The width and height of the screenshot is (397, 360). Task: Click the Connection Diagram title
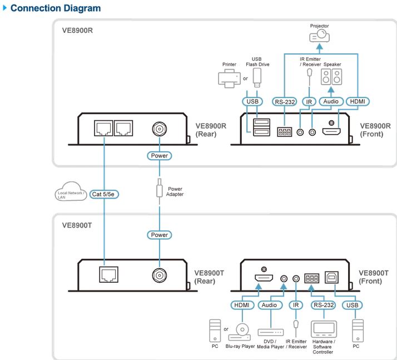click(x=56, y=8)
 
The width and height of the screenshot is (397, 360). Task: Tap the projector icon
click(x=320, y=36)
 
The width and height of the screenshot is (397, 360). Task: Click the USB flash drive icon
click(x=257, y=78)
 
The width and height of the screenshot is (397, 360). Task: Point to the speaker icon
click(x=331, y=77)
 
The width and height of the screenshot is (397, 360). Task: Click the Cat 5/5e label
click(x=104, y=194)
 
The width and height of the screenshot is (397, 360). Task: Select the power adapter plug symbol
click(x=159, y=188)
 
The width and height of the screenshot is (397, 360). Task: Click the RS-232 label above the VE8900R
click(x=285, y=102)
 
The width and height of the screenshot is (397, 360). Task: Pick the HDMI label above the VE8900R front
click(x=358, y=101)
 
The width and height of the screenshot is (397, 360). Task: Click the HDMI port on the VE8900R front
click(x=331, y=131)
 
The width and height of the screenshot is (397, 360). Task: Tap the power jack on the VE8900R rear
click(x=159, y=129)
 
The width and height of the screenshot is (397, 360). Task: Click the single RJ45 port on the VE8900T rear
click(x=109, y=274)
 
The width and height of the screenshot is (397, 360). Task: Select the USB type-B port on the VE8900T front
click(x=331, y=278)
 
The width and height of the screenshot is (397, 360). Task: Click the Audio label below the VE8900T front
click(x=269, y=305)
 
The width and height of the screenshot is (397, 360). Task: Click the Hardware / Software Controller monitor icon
click(x=324, y=329)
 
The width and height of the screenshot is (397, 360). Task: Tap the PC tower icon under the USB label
click(x=358, y=331)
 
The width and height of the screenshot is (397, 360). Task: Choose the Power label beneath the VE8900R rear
click(x=159, y=156)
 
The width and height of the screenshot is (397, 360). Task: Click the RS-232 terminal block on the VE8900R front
click(x=284, y=132)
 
